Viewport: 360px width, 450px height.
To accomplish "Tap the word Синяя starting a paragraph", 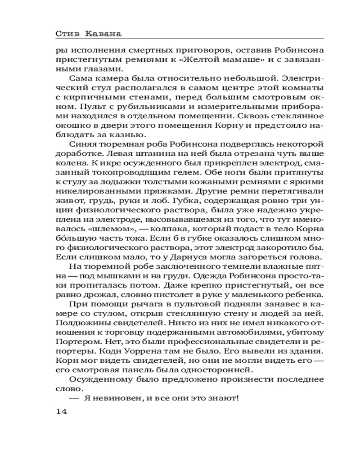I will point(82,144).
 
